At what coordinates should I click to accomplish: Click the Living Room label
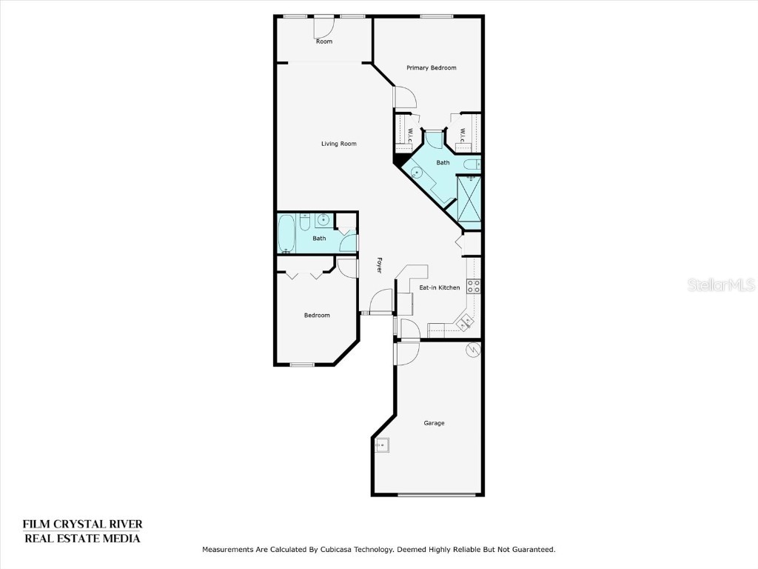(x=339, y=144)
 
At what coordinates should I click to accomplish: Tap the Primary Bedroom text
(x=431, y=67)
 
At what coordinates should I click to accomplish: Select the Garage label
(x=434, y=423)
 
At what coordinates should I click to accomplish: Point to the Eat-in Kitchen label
(x=440, y=287)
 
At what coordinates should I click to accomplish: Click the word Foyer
(x=379, y=265)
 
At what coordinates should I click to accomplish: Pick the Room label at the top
(x=324, y=41)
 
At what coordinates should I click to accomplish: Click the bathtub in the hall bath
(x=286, y=234)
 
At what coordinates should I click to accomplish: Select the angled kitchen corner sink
(x=465, y=321)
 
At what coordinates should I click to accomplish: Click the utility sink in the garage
(x=383, y=445)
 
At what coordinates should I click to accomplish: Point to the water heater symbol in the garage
(x=472, y=350)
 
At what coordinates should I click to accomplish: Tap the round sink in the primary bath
(x=417, y=173)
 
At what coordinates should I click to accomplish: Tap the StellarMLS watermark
(x=721, y=284)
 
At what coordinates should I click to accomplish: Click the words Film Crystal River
(x=82, y=525)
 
